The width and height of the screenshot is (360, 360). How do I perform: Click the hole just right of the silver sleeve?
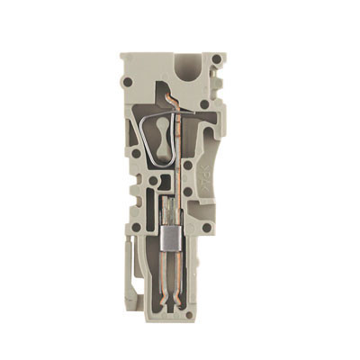[x=206, y=229]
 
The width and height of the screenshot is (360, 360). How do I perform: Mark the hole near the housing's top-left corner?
[x=128, y=84]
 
